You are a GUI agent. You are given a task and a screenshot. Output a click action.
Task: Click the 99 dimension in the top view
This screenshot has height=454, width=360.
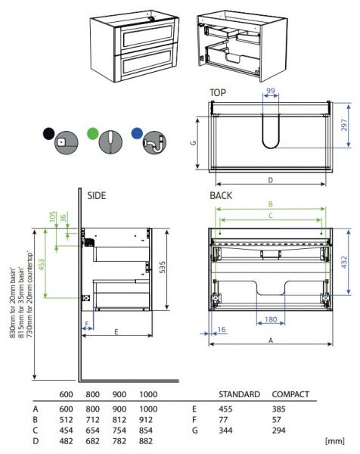pyautogui.click(x=272, y=92)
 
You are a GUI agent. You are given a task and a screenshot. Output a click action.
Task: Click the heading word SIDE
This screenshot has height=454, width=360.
pyautogui.click(x=97, y=195)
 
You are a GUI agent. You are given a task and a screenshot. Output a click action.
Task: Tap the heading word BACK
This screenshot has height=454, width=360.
pyautogui.click(x=222, y=195)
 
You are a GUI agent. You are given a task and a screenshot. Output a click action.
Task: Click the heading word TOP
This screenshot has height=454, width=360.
pyautogui.click(x=218, y=93)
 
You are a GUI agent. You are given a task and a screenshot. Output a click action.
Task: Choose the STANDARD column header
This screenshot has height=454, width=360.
pyautogui.click(x=239, y=394)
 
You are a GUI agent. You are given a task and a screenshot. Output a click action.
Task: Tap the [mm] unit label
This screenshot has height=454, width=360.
pyautogui.click(x=334, y=440)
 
